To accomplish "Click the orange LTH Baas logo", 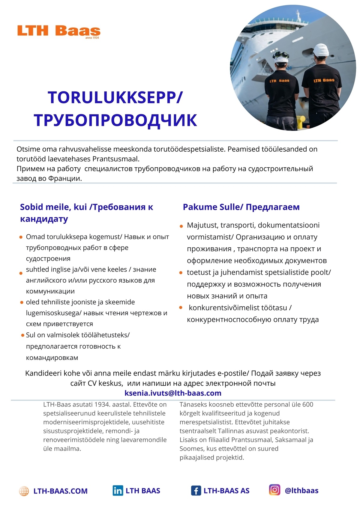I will coord(58,31).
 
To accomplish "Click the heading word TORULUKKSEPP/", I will coord(115,97).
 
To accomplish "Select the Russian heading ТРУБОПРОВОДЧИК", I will coord(115,120).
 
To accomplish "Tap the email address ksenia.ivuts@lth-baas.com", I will coord(173,393).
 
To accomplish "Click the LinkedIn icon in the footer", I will coord(118,490).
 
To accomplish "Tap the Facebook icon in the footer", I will coord(196,491).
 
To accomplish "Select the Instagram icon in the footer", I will coord(274,490).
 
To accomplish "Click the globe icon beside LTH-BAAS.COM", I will coord(24,491).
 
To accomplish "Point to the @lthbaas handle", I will coord(301,490).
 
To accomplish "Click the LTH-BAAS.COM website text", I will coord(60,491).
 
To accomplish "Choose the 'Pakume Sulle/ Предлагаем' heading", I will coord(241,207).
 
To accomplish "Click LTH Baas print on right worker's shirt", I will coord(324,80).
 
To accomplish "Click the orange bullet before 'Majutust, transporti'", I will coord(181,226).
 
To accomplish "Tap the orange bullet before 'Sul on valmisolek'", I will coord(22,335).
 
